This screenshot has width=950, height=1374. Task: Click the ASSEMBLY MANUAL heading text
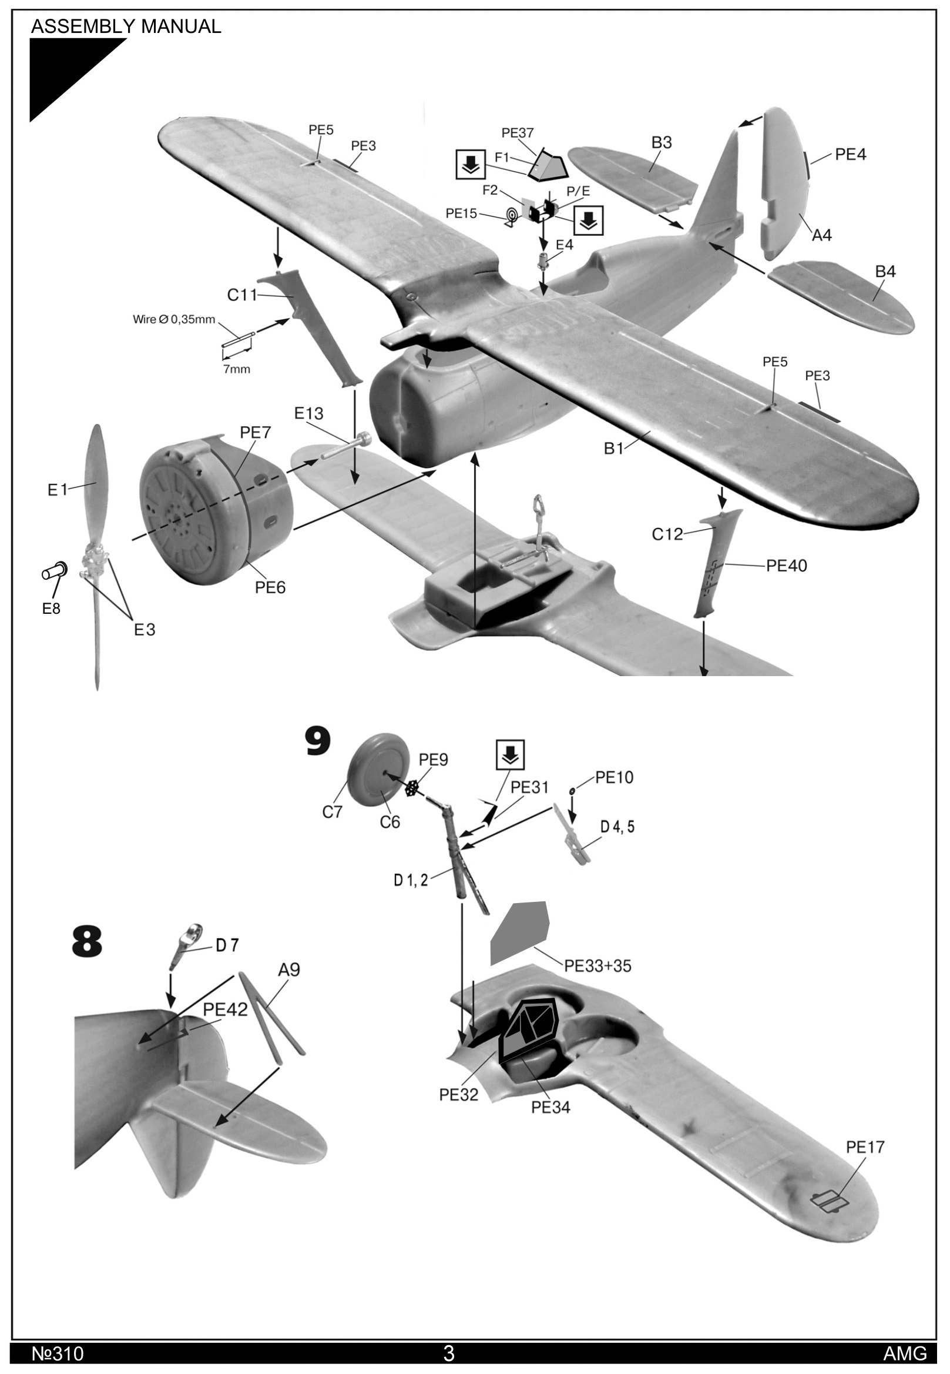pyautogui.click(x=126, y=26)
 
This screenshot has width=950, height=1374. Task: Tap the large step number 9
pyautogui.click(x=317, y=742)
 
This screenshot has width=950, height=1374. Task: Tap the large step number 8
pyautogui.click(x=87, y=942)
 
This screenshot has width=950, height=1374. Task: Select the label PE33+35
pyautogui.click(x=597, y=966)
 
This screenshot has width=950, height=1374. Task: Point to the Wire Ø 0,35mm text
pyautogui.click(x=174, y=319)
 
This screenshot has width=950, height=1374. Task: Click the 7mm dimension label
pyautogui.click(x=236, y=369)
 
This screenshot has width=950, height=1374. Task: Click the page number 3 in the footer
pyautogui.click(x=449, y=1353)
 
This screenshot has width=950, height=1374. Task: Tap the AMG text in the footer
pyautogui.click(x=905, y=1354)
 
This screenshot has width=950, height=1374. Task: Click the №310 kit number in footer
pyautogui.click(x=58, y=1354)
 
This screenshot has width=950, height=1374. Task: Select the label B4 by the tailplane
pyautogui.click(x=885, y=272)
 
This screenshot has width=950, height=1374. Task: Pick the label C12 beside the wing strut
pyautogui.click(x=667, y=534)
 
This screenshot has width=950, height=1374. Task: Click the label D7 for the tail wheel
pyautogui.click(x=227, y=945)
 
